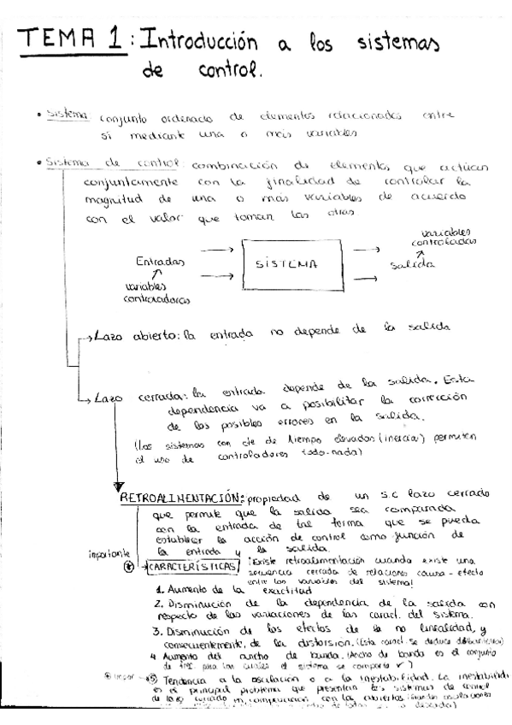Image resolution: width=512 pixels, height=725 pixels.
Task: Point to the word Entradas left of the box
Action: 163,262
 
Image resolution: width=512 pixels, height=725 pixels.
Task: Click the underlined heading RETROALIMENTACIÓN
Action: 182,498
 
